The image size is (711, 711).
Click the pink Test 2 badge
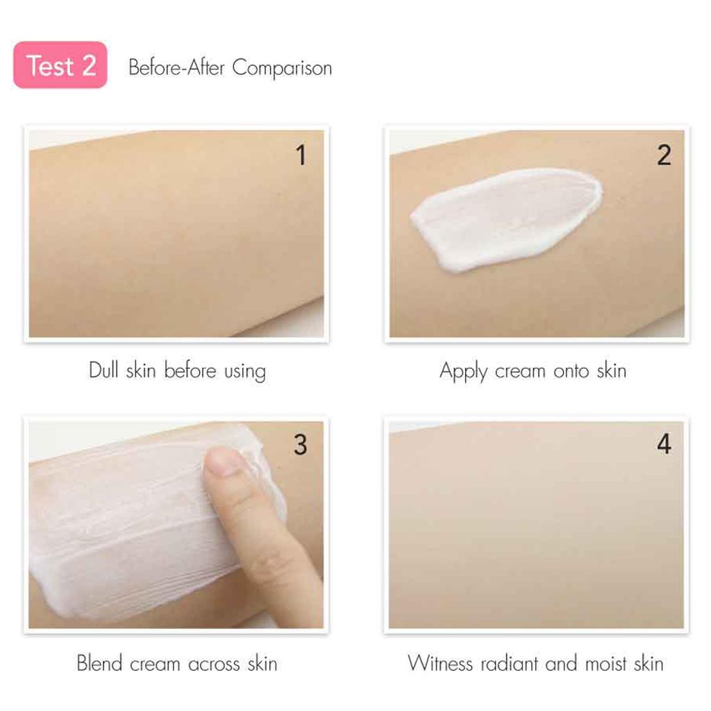coord(60,65)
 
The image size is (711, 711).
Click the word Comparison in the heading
coord(282,68)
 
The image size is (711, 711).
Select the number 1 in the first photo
coord(301,156)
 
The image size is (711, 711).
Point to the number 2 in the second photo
coord(664,156)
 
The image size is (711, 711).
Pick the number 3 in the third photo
coord(300,445)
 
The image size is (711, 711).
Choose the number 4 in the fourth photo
coord(664,445)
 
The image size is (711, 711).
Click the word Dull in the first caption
coord(104,370)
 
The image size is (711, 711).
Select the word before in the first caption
coord(190,370)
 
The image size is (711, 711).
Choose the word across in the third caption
coord(208,664)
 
